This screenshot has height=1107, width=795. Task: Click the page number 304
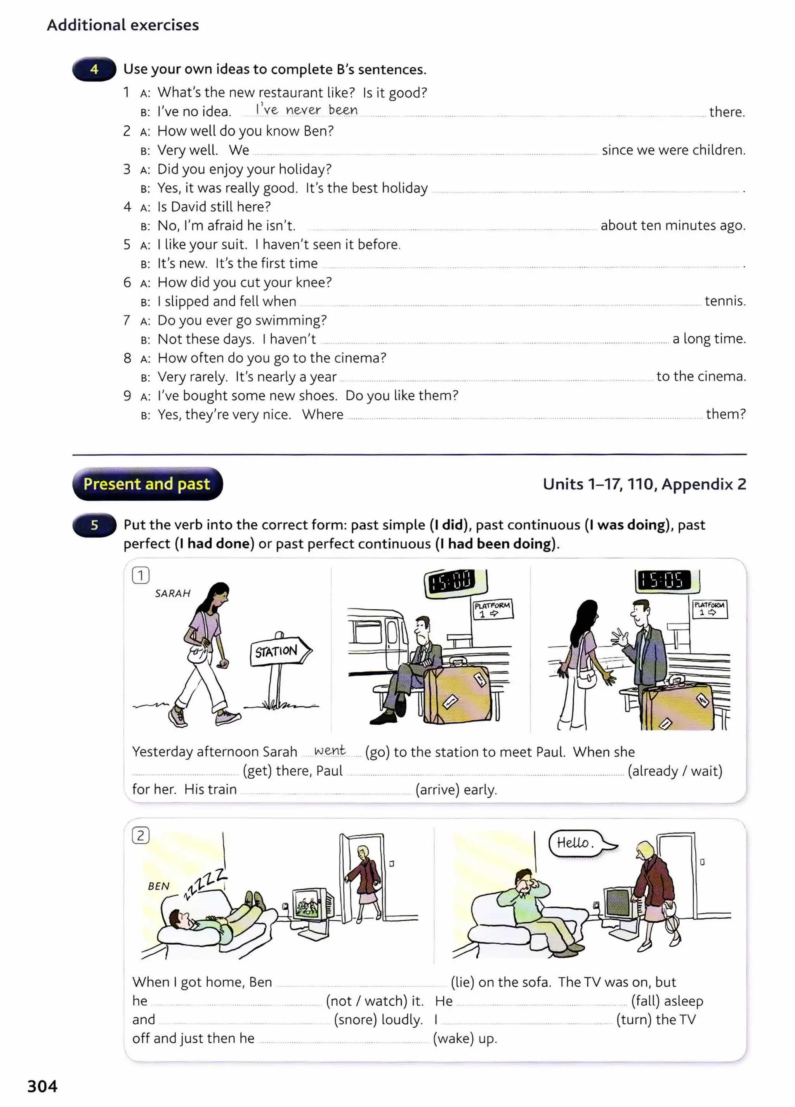[42, 1086]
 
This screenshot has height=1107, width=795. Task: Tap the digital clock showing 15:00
[455, 583]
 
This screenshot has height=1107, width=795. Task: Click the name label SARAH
[173, 593]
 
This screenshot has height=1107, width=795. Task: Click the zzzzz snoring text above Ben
[205, 883]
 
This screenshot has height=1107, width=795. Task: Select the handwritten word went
[330, 750]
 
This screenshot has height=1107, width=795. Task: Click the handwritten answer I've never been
[307, 110]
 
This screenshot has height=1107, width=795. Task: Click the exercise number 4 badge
[94, 69]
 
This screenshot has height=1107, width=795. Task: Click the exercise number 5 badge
[95, 525]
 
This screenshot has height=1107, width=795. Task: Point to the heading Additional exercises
[123, 25]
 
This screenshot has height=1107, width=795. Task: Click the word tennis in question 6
[725, 301]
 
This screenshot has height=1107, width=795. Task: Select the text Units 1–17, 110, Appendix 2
[644, 484]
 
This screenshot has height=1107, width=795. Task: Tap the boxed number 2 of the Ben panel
[141, 836]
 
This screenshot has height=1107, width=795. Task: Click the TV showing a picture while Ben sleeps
[311, 904]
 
